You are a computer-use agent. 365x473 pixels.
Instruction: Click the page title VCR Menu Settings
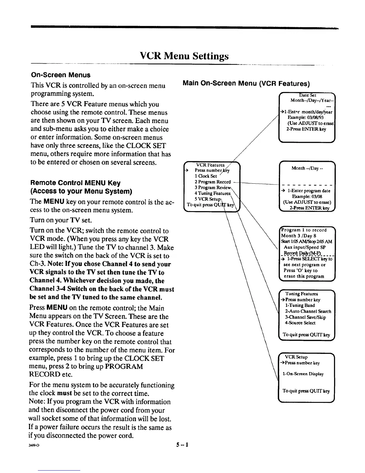coord(184,56)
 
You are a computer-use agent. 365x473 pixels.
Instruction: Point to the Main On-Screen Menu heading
coord(246,83)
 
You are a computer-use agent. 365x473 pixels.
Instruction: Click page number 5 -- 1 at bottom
coord(182,445)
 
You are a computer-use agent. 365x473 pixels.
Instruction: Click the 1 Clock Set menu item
coord(206,176)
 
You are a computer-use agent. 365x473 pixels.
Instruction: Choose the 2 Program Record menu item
coord(212,182)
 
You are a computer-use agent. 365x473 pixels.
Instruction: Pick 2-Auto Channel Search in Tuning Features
coord(308,311)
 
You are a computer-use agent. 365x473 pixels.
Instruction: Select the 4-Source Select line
coord(300,323)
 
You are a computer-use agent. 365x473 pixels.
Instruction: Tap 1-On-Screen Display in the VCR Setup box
coord(303,374)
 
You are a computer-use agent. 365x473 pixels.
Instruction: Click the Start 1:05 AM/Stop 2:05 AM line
coord(307,242)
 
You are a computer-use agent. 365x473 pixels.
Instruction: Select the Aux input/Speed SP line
coord(304,247)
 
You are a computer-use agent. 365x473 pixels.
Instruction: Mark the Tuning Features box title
coord(301,294)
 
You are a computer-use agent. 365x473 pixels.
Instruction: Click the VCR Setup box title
coord(296,357)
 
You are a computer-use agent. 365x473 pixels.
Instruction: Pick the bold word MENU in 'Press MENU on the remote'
coord(57,308)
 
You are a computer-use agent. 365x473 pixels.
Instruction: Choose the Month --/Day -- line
coord(307,168)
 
